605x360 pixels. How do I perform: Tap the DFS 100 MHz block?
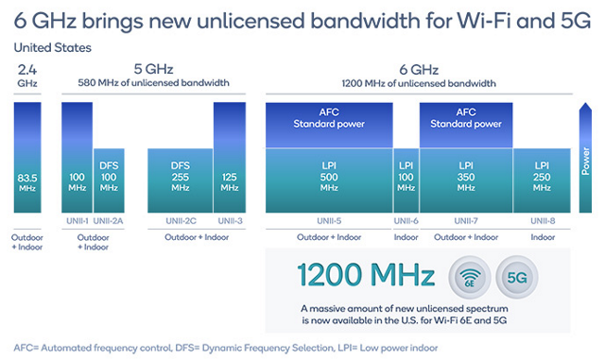[109, 180]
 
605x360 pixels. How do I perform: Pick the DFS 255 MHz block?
[180, 180]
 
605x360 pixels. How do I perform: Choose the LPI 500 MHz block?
[327, 180]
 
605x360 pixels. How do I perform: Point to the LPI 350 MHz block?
[466, 180]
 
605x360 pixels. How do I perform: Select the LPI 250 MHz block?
[543, 180]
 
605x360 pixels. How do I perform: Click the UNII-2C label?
[180, 221]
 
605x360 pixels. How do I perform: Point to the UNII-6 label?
[406, 221]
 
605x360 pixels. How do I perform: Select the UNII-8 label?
[543, 221]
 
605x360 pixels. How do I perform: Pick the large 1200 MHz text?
[365, 275]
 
